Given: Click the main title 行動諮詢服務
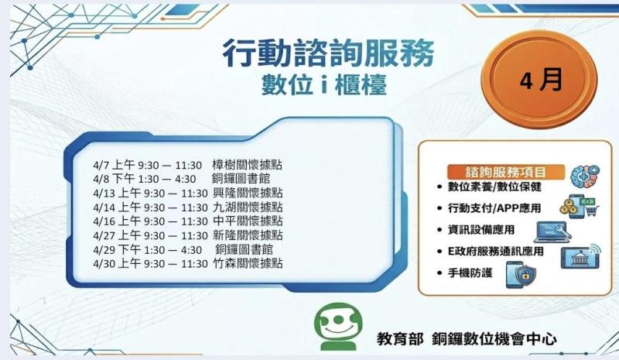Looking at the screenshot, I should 328,53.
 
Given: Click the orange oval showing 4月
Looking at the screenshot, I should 541,80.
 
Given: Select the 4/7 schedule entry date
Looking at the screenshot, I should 101,165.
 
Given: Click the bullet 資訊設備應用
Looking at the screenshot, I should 481,230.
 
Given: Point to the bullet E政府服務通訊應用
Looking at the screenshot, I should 495,252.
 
